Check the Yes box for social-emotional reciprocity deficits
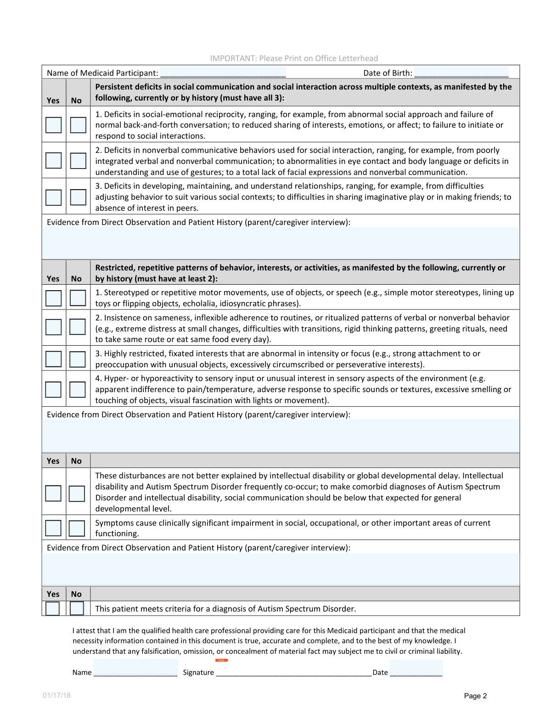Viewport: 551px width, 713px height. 54,125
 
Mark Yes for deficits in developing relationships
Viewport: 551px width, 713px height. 54,197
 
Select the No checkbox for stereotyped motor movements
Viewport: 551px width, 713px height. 78,298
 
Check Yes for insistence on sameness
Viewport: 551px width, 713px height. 54,327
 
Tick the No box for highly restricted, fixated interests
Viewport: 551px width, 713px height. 78,359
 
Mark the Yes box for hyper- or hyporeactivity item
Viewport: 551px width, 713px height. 53,389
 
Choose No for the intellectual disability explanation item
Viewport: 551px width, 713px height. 77,494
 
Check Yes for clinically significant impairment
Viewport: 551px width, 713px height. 53,528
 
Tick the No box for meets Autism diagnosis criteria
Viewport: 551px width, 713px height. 77,608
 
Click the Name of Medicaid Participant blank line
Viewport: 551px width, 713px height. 223,73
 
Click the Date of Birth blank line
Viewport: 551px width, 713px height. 461,73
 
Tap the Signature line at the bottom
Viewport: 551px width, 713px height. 293,672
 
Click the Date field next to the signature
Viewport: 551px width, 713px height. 416,668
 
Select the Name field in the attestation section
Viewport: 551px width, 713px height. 135,668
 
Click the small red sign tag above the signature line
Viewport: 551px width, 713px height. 221,660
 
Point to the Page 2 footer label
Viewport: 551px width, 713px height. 475,696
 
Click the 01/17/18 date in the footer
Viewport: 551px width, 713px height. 57,696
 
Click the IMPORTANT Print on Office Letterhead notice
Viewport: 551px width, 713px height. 294,58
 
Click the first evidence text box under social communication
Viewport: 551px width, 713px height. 281,243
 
